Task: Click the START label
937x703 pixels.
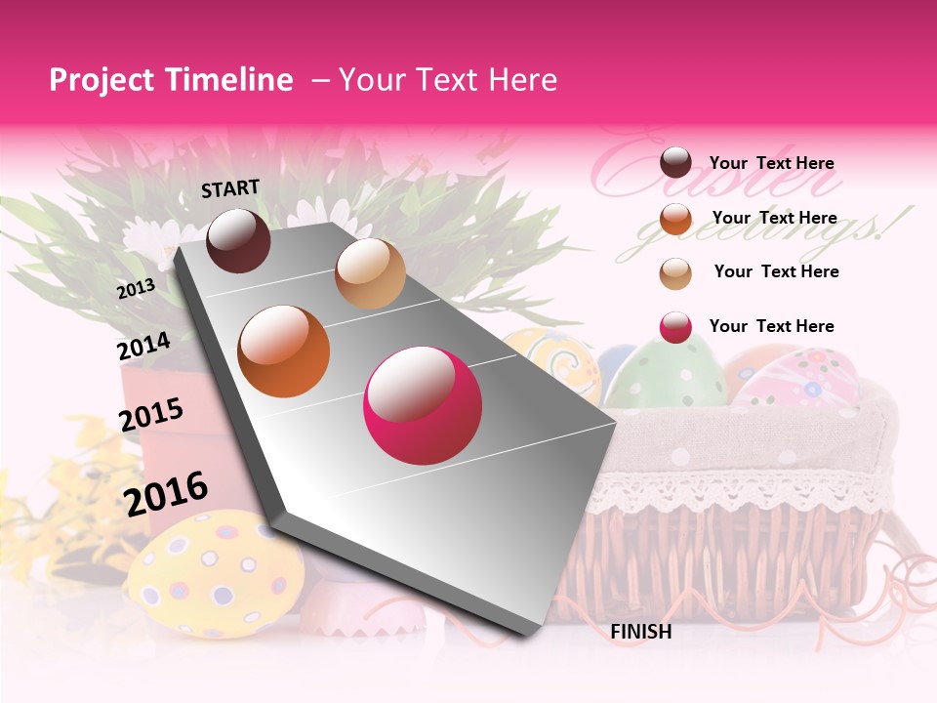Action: point(230,188)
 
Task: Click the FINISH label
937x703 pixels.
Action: point(640,632)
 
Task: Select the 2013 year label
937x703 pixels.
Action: point(136,289)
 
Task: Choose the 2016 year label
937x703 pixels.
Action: point(166,493)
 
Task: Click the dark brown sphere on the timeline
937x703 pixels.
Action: point(238,240)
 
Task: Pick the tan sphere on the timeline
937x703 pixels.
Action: point(370,273)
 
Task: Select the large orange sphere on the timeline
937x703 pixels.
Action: point(283,351)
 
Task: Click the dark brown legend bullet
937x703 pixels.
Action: point(675,162)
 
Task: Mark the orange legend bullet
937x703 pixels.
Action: point(675,218)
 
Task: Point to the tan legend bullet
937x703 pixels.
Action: point(675,272)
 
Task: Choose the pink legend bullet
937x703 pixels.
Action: point(675,327)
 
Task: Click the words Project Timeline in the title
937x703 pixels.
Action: point(171,80)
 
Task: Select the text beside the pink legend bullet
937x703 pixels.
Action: point(771,326)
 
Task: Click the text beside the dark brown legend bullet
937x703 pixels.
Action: point(771,163)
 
